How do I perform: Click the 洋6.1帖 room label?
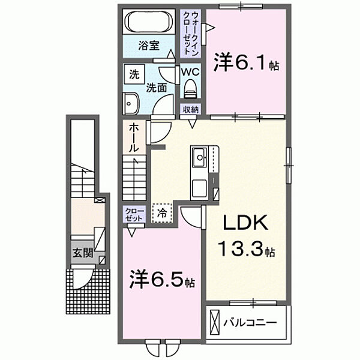point(247,63)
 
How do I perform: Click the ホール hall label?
point(134,137)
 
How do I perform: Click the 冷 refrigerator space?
point(162,212)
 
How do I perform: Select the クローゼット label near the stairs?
point(133,214)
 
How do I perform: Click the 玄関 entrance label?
point(83,253)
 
